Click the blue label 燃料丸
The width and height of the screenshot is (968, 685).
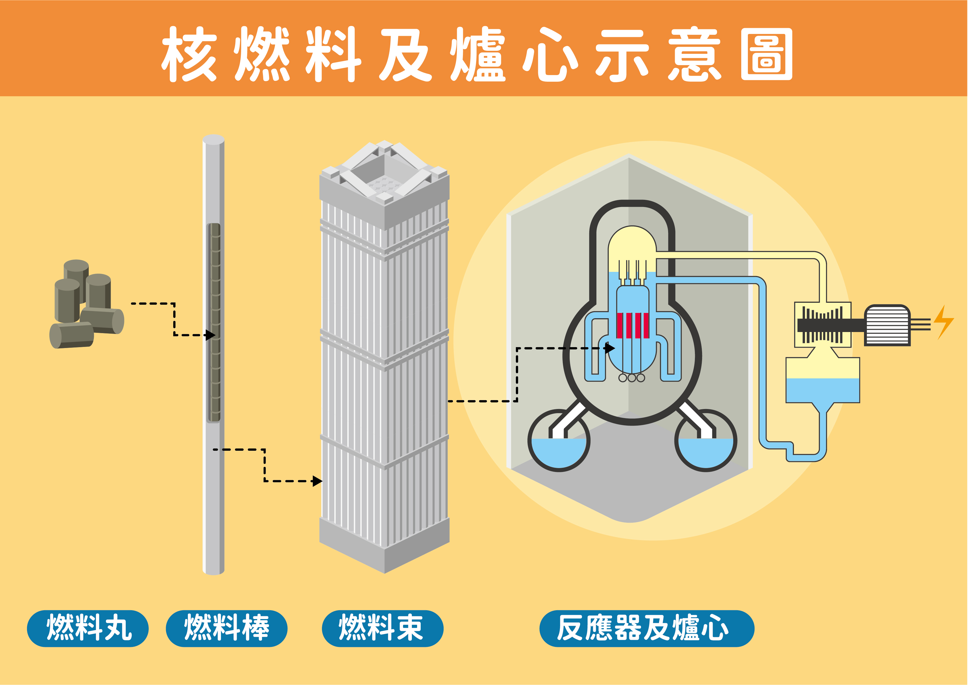tap(88, 628)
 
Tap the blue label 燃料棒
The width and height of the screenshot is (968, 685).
tap(226, 628)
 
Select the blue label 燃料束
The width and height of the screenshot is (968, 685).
tap(382, 628)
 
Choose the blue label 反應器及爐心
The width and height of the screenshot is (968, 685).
tap(646, 628)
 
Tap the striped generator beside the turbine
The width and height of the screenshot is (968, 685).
tap(887, 326)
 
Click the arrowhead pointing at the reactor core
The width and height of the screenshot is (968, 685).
tap(610, 348)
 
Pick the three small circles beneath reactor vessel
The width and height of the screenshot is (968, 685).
tap(631, 378)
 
